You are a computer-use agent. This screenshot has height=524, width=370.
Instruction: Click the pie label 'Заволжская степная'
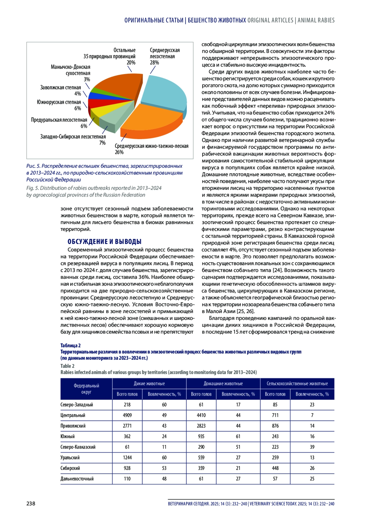click(60, 88)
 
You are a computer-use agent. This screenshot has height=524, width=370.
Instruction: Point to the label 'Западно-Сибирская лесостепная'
click(73, 137)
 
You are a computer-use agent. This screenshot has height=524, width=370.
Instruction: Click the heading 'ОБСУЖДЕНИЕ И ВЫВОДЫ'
click(105, 242)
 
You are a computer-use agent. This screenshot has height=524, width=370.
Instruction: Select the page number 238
click(31, 504)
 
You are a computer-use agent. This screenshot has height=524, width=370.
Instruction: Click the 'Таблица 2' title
click(71, 346)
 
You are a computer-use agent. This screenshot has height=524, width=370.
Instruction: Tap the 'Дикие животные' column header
click(149, 384)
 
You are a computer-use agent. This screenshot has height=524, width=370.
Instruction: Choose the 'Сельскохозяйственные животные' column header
click(297, 384)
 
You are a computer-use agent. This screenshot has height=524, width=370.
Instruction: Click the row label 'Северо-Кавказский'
click(78, 447)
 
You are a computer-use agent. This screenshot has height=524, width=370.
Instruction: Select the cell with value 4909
click(127, 415)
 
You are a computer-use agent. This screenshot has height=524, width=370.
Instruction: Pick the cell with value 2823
click(201, 426)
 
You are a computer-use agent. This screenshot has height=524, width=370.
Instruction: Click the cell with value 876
click(275, 426)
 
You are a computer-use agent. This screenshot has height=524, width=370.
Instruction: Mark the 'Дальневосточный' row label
click(77, 479)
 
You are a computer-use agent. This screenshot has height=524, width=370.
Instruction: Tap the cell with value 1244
click(127, 458)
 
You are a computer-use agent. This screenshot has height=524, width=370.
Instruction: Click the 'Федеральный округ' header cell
click(86, 389)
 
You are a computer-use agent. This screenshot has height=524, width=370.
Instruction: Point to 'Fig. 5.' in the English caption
click(33, 188)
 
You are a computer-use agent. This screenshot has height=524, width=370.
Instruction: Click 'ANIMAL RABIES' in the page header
click(316, 20)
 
